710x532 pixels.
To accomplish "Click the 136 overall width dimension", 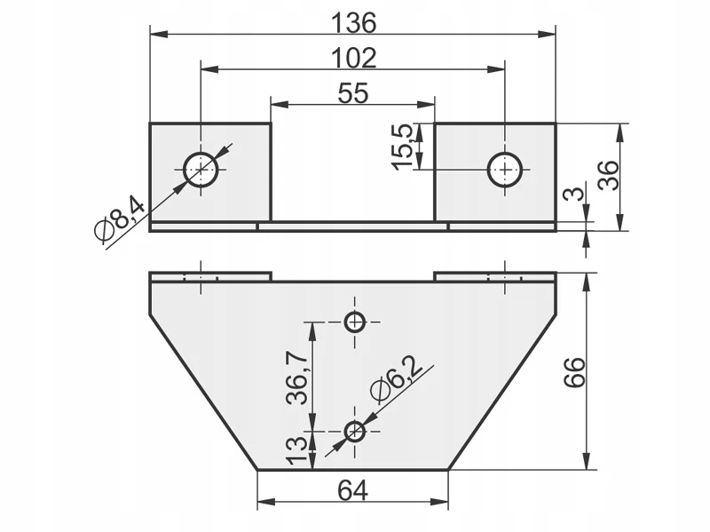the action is [x=353, y=23].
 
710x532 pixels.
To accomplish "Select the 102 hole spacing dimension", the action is [x=353, y=58].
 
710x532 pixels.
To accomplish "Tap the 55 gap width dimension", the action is [x=353, y=93].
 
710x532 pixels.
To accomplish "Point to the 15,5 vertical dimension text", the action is [x=403, y=147].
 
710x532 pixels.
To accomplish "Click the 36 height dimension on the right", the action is [x=608, y=175].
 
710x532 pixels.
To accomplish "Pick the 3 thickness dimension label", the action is [x=574, y=194].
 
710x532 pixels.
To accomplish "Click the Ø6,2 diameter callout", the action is [x=396, y=379].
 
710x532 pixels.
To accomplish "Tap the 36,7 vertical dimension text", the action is [x=297, y=378].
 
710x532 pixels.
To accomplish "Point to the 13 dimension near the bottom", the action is [x=297, y=450].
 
